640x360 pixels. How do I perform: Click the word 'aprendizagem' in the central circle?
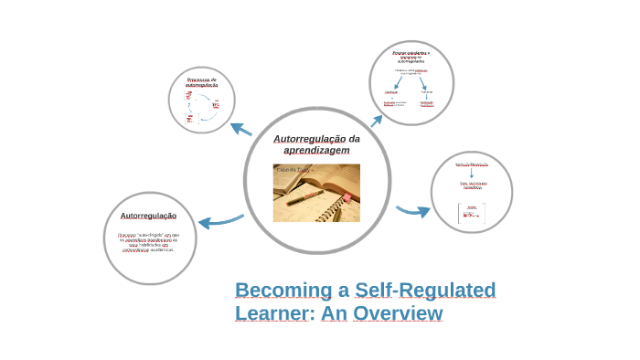tap(316, 150)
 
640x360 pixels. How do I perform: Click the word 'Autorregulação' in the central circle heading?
tap(309, 138)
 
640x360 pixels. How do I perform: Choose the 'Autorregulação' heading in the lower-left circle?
tap(148, 216)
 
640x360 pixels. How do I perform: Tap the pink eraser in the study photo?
tap(347, 197)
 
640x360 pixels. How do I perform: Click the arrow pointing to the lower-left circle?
tap(219, 221)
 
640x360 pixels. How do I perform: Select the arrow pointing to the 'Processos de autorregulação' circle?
tap(240, 129)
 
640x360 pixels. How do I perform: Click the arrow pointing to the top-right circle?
tap(376, 120)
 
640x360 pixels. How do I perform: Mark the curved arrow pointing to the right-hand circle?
tap(413, 212)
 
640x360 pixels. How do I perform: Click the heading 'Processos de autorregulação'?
tap(201, 82)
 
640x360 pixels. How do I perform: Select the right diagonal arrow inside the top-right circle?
tap(421, 82)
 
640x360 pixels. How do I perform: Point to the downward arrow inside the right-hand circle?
tap(472, 172)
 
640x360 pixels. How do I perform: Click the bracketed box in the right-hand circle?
tap(472, 213)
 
